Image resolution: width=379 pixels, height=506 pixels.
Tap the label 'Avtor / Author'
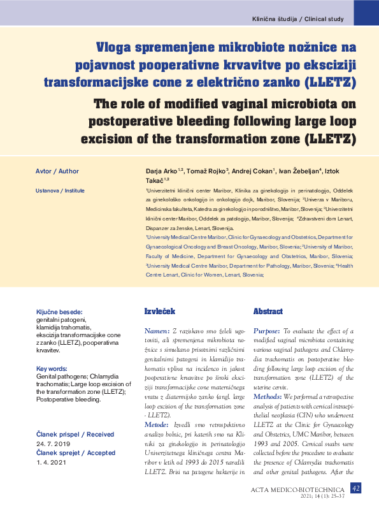point(57,171)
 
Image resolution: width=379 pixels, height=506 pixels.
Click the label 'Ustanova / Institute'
point(60,191)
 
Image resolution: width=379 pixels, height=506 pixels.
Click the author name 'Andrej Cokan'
point(252,171)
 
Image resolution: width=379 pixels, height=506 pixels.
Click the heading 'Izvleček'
point(159,312)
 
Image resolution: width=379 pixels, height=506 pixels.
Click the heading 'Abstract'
point(268,312)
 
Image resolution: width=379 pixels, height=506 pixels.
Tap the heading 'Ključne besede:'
point(59,312)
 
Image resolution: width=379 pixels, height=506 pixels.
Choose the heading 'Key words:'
point(52,369)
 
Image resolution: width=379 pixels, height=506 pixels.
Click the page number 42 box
point(356,488)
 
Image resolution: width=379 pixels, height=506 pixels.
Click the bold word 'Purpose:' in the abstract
point(266,331)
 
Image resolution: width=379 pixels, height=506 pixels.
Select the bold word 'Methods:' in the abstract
point(267,396)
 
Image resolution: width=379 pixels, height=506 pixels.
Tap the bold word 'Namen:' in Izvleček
point(157,331)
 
